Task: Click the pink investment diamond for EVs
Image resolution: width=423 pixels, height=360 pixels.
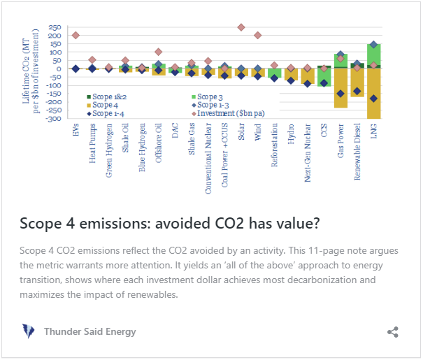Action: tap(76, 35)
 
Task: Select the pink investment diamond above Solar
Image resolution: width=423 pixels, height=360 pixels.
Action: tap(241, 27)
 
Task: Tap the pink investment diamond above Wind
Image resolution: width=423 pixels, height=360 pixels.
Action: tap(257, 35)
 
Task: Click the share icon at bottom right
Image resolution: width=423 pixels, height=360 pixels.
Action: tap(393, 332)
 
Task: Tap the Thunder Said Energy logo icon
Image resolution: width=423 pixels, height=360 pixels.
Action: tap(29, 331)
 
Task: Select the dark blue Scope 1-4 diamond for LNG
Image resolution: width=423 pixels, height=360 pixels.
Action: tap(373, 99)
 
